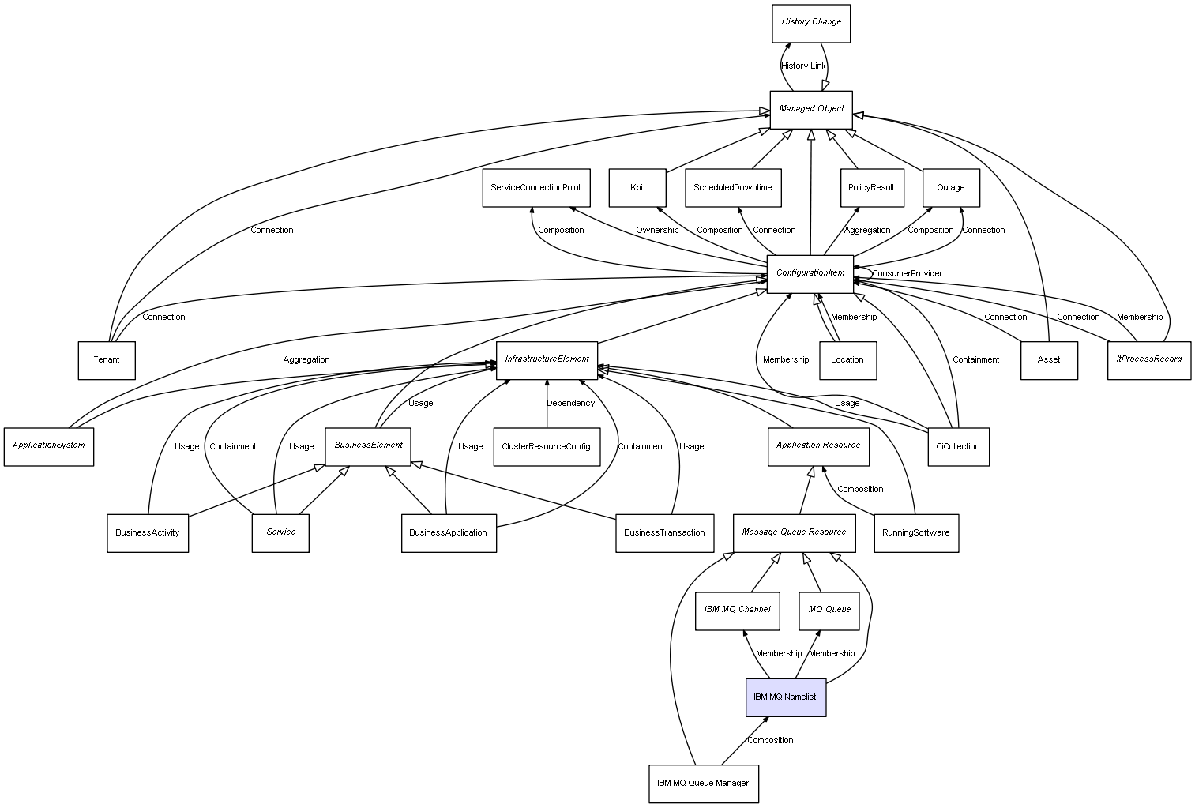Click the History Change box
coord(811,23)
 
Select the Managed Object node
coord(811,109)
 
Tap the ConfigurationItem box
coord(810,273)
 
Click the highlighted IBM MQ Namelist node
coord(785,697)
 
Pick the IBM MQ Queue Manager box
coord(703,784)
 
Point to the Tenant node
coord(107,360)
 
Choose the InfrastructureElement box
coord(547,359)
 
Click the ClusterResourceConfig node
coord(546,447)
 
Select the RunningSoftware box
coord(916,533)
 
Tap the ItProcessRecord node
coord(1148,359)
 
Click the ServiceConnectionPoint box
coord(535,188)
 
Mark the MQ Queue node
coord(829,611)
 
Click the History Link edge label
coord(803,66)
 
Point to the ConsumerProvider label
coord(907,273)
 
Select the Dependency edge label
coord(570,403)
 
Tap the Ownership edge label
coord(657,230)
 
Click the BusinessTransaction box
coord(664,533)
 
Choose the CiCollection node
coord(958,447)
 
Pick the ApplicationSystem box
coord(49,446)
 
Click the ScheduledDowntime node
coord(733,188)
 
